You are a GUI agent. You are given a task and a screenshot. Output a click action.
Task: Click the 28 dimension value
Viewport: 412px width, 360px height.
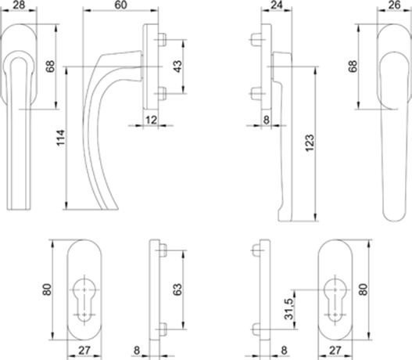[x=19, y=5]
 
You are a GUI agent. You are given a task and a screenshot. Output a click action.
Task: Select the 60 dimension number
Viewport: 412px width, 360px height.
[x=121, y=5]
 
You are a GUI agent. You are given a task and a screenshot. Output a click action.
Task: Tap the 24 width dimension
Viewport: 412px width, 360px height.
[x=276, y=5]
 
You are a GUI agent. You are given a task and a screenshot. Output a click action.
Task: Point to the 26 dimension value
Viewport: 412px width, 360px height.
[x=394, y=5]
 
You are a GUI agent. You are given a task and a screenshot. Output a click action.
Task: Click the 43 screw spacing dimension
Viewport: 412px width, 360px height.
[x=178, y=67]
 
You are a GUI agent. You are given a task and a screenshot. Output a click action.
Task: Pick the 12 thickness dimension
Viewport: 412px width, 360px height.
[x=151, y=120]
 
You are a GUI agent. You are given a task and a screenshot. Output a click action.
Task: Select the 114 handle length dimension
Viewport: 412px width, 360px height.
[x=60, y=138]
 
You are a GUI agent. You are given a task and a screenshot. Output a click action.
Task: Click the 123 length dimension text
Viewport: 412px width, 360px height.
[x=310, y=142]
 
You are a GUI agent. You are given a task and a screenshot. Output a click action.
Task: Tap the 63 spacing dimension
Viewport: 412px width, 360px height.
[x=178, y=290]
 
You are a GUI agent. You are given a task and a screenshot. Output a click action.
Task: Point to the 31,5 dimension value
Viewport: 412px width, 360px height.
[x=288, y=308]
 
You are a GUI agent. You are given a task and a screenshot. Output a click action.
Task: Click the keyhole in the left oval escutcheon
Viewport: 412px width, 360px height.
[x=84, y=299]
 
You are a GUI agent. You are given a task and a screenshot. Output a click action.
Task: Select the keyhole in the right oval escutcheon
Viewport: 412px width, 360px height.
[x=335, y=299]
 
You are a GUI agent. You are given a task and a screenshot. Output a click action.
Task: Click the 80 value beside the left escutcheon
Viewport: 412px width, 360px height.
[x=47, y=290]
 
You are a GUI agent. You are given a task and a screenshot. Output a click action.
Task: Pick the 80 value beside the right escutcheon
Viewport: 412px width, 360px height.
[x=363, y=290]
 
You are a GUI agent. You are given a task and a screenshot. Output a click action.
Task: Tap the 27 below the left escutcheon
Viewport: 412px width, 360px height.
[x=84, y=351]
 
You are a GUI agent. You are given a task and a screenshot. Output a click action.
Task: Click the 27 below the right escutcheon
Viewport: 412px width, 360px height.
[x=335, y=351]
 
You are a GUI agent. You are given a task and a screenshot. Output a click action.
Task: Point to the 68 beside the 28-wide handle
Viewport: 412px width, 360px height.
[x=50, y=67]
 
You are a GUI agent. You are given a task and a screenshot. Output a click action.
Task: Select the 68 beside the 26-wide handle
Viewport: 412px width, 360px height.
[x=353, y=67]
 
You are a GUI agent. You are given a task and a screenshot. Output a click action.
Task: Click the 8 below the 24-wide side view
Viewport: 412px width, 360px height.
[x=267, y=120]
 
